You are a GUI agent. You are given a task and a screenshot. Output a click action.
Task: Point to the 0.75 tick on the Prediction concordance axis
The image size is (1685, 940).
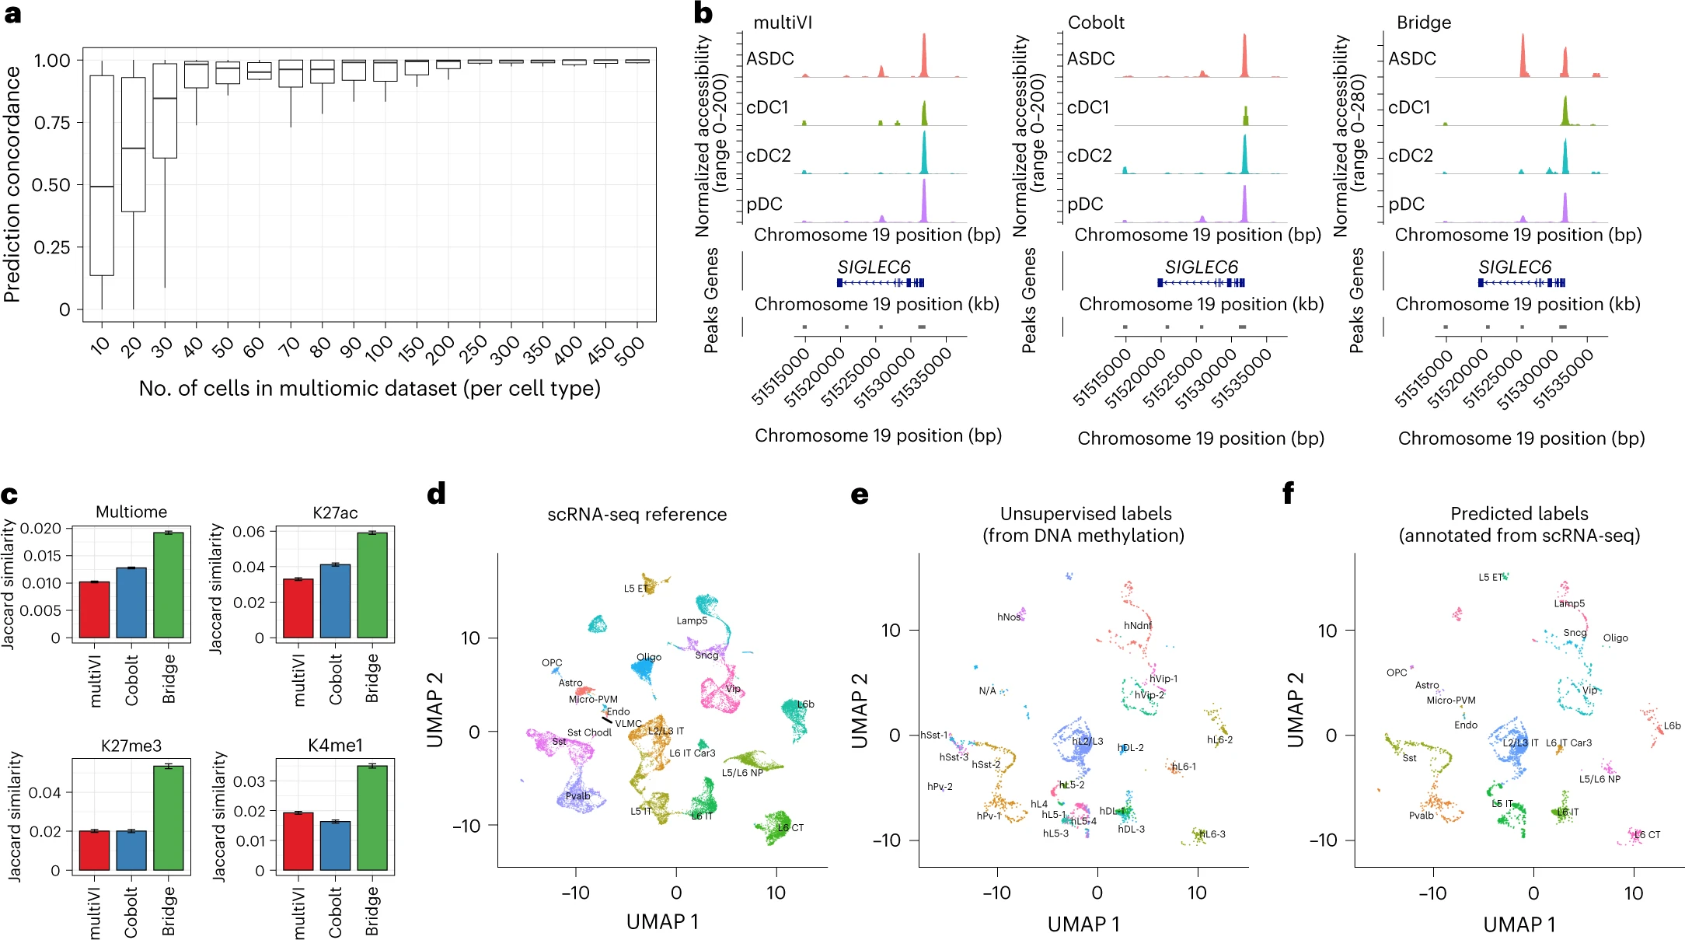(52, 123)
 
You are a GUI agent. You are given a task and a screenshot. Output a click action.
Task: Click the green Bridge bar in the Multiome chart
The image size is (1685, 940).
(169, 585)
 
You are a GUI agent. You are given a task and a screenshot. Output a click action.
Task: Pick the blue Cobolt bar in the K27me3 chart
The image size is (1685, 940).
(131, 850)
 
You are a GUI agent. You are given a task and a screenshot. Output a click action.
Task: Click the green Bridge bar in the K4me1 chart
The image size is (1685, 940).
(372, 818)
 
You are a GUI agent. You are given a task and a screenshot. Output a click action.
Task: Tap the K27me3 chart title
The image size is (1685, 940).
(131, 746)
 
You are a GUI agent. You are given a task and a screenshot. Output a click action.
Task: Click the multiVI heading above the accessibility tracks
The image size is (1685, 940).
(783, 23)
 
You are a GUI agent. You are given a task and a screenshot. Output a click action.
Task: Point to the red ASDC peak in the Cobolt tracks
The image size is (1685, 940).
(1244, 56)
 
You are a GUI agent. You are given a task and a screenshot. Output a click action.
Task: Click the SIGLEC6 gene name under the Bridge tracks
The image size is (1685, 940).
(1515, 267)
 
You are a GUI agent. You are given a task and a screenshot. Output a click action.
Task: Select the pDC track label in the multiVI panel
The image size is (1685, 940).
(764, 204)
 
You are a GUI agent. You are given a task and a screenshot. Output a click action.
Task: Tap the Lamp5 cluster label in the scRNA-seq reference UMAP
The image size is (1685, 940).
(692, 620)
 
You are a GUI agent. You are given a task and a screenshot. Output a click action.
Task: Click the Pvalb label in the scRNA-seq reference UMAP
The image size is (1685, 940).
(577, 796)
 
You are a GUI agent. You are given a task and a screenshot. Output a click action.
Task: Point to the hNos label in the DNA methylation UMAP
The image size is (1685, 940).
(1009, 617)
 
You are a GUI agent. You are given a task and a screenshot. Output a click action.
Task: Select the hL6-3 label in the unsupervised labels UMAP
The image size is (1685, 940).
(1212, 834)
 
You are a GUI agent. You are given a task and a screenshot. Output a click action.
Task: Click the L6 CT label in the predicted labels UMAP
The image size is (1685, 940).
(1647, 834)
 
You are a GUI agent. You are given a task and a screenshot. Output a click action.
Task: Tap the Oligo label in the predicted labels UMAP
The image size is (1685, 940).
(1615, 638)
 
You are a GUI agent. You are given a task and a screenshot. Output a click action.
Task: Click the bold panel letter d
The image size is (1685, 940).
(437, 494)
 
